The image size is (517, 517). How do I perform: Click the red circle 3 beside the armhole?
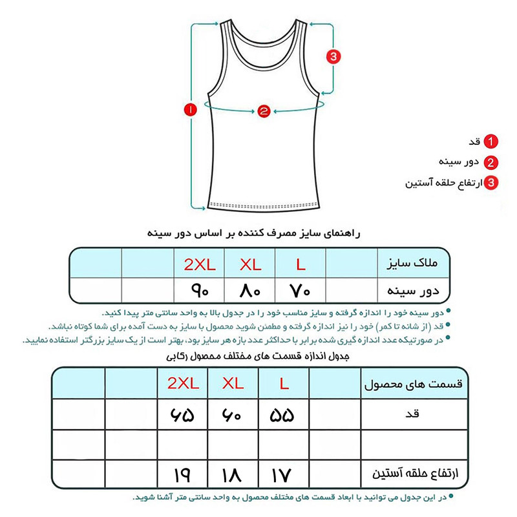coord(333,57)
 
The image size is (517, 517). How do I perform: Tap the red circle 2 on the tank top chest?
coord(263,111)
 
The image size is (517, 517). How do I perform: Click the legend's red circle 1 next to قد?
coord(492,142)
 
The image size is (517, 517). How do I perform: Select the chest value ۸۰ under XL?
coord(249,291)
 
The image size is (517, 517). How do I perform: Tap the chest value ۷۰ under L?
coord(301,291)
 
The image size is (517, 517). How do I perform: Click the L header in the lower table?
coord(284,383)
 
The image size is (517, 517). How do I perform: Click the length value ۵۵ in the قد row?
coord(284,414)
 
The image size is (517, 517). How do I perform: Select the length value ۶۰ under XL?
coord(233,414)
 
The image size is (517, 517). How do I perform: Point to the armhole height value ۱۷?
coord(284,476)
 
